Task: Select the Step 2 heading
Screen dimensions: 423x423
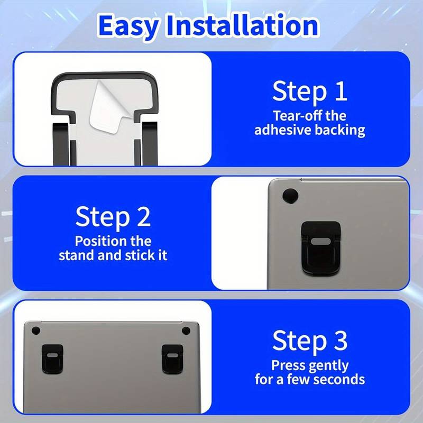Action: [113, 216]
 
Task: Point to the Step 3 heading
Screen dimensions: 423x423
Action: [309, 341]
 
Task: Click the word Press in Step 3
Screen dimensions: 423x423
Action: [288, 365]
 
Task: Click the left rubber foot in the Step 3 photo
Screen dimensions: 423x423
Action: [35, 330]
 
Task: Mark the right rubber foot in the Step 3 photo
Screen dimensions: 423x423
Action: [186, 330]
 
